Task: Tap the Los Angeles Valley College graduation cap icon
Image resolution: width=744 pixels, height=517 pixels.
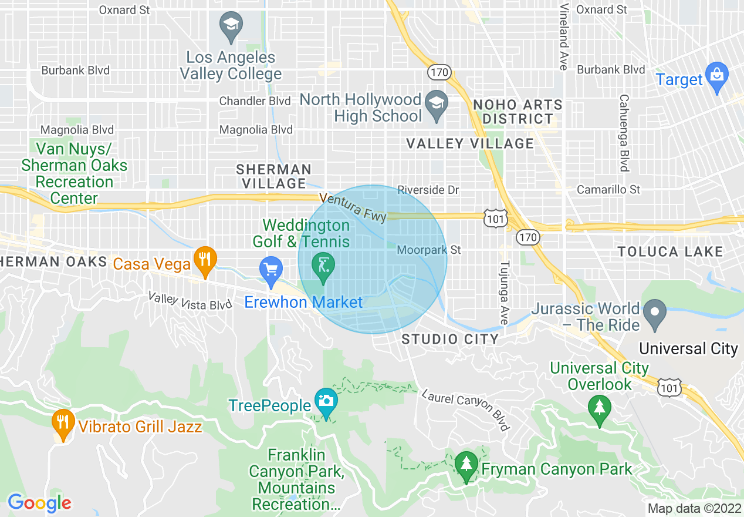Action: (x=231, y=26)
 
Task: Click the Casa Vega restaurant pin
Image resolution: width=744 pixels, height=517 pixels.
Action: (x=205, y=261)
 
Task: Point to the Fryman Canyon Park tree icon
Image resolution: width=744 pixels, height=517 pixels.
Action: (x=466, y=465)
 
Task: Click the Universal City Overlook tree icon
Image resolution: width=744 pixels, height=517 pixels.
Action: (x=599, y=407)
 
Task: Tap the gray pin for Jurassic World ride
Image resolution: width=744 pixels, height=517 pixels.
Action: (x=655, y=313)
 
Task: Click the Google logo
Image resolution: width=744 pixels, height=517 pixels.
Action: (x=39, y=503)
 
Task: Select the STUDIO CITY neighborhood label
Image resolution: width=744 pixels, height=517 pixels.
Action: (x=450, y=339)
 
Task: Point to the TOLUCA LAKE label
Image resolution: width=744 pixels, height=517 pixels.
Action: (x=670, y=252)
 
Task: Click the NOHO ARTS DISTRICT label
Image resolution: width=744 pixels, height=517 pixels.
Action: (x=518, y=112)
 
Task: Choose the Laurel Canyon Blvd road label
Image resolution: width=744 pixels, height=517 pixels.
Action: (x=465, y=409)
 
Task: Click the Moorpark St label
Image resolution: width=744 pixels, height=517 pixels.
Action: (x=428, y=250)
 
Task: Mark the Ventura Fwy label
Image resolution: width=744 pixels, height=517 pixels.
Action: (x=353, y=207)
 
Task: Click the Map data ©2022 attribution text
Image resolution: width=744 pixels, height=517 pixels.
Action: (x=694, y=508)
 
